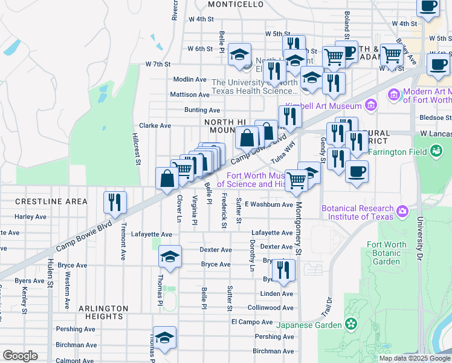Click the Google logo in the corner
coord(20,356)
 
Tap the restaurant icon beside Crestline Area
coord(114,203)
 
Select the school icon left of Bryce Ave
coord(170,257)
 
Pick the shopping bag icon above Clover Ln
coord(167,179)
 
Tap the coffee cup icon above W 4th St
coord(428,7)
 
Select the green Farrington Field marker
coord(436,151)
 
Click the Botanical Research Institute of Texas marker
coord(402,212)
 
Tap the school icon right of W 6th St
coord(239,55)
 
